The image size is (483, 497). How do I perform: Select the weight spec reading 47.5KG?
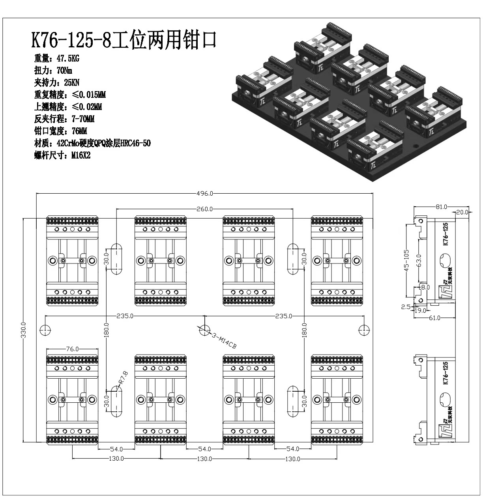[68, 59]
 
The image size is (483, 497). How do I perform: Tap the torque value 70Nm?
[64, 71]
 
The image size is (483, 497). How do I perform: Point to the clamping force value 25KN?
[72, 83]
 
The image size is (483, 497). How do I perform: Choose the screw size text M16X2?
[80, 155]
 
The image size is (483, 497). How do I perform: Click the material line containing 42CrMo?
[92, 143]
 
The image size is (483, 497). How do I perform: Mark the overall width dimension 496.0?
[205, 193]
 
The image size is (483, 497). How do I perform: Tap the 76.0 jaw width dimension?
[72, 349]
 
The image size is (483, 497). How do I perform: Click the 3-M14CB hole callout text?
[224, 341]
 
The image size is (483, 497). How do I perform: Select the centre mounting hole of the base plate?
[205, 330]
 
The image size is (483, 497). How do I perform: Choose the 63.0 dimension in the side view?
[419, 261]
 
